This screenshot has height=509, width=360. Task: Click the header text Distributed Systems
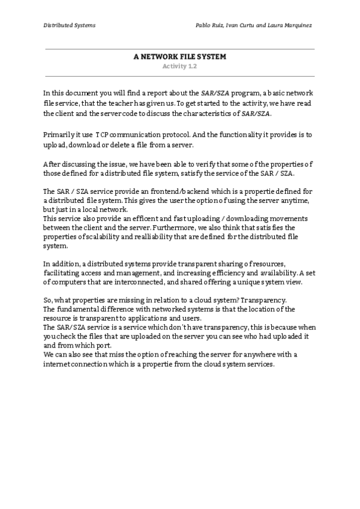pyautogui.click(x=69, y=25)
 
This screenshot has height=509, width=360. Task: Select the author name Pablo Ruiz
pyautogui.click(x=212, y=25)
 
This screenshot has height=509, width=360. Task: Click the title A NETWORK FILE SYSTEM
pyautogui.click(x=179, y=58)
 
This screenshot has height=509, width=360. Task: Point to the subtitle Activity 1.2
pyautogui.click(x=179, y=67)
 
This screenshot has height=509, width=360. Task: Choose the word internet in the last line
pyautogui.click(x=59, y=364)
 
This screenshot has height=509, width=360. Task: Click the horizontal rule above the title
pyautogui.click(x=179, y=49)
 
